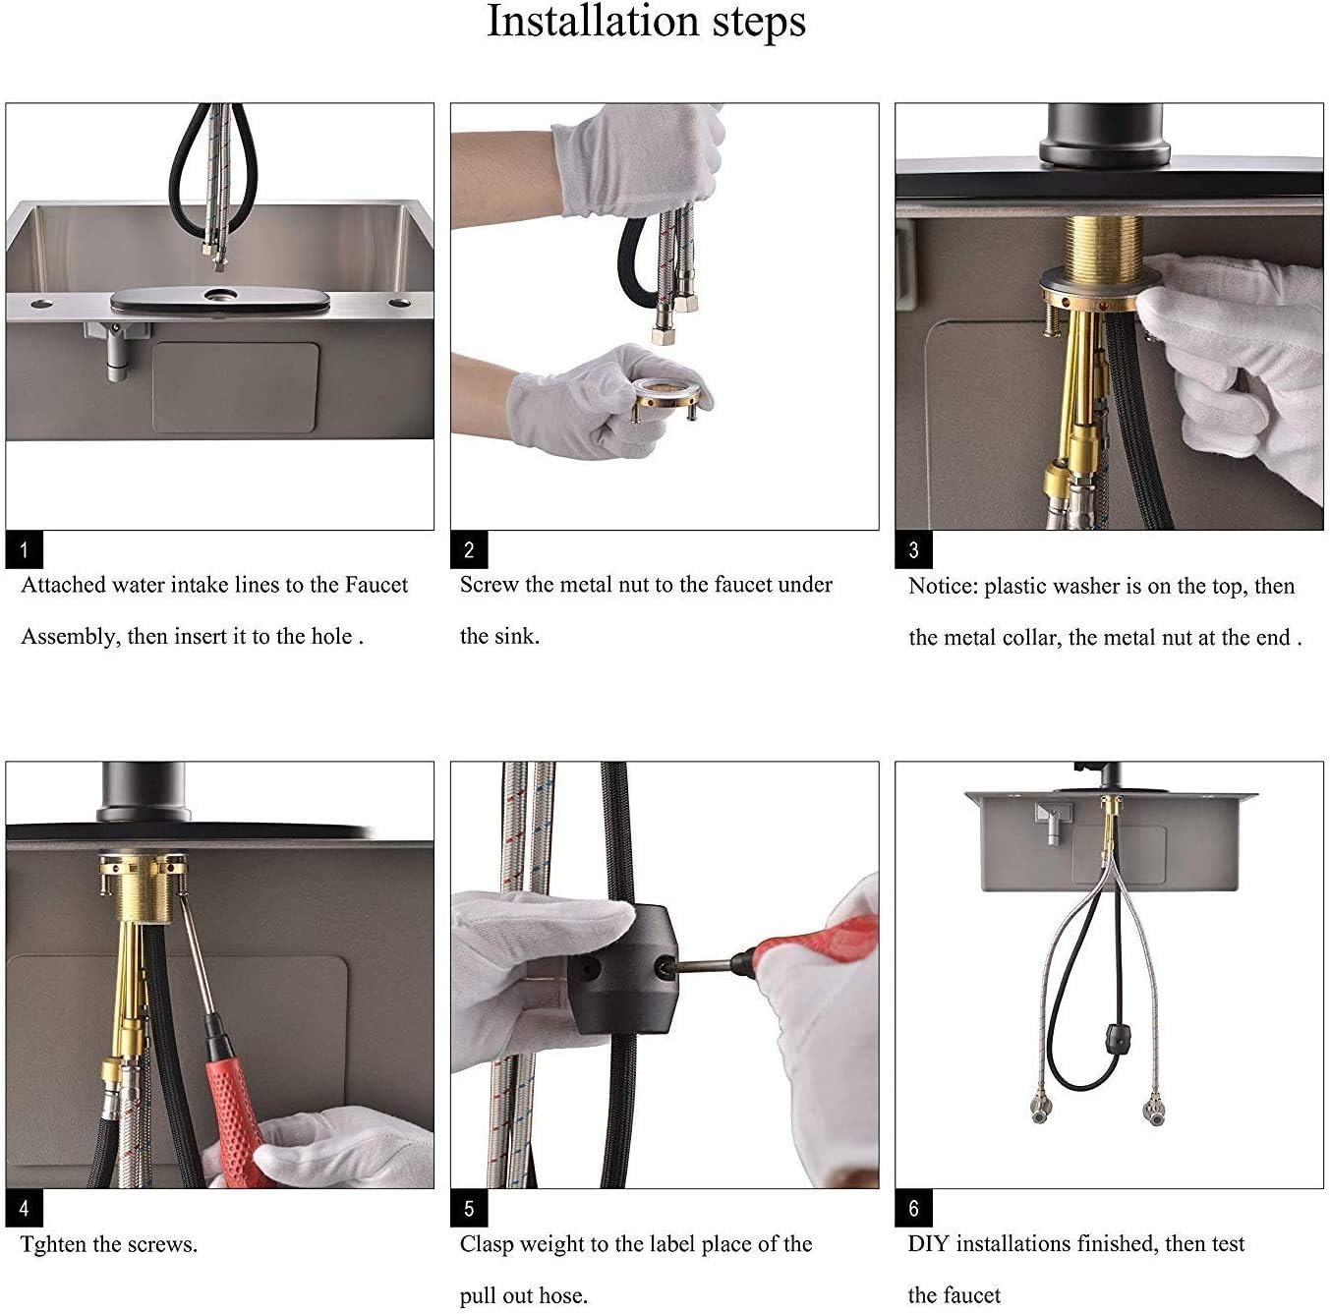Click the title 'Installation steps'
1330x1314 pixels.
point(646,23)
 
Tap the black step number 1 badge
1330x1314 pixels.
point(25,549)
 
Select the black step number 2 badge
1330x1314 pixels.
point(469,549)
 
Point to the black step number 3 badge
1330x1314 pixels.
point(914,549)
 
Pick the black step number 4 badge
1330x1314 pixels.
point(25,1208)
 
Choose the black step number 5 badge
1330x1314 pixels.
point(469,1208)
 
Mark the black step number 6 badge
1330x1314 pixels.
point(914,1208)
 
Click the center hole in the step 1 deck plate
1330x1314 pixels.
point(220,296)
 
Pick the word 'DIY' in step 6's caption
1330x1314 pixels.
point(928,1243)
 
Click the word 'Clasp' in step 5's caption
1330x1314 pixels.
point(487,1244)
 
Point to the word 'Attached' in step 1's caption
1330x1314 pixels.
point(64,585)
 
